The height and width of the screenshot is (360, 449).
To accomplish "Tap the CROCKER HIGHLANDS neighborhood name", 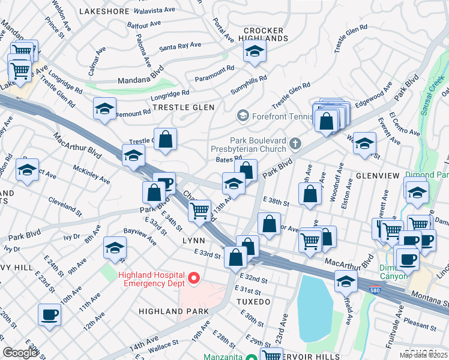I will (266, 34).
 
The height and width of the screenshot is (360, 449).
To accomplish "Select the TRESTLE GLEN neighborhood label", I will (179, 107).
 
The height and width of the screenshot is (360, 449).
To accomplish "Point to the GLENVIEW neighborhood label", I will (377, 175).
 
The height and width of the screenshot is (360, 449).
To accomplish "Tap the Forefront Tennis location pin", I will (243, 115).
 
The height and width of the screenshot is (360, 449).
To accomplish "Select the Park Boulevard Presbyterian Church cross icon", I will (294, 143).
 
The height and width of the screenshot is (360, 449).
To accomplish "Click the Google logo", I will (20, 352).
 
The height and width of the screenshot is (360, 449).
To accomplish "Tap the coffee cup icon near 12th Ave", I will (49, 313).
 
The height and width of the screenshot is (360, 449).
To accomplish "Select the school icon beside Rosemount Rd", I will (104, 109).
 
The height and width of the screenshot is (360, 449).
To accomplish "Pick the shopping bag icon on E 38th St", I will (310, 194).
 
